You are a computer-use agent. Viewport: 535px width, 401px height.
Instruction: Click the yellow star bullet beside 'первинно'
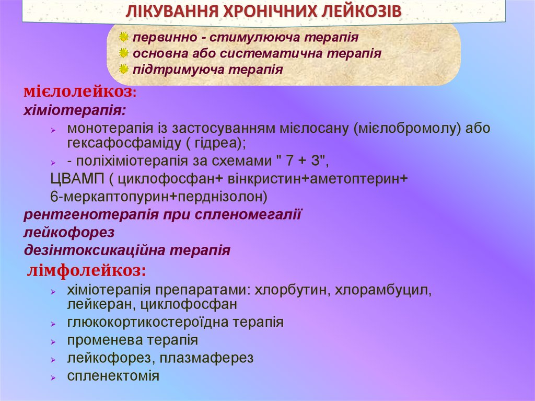pyautogui.click(x=123, y=38)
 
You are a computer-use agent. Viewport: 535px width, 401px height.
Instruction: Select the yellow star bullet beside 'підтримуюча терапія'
pyautogui.click(x=123, y=69)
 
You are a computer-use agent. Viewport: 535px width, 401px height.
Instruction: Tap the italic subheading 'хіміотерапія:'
pyautogui.click(x=75, y=111)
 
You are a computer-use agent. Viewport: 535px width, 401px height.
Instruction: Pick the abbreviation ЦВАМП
pyautogui.click(x=77, y=179)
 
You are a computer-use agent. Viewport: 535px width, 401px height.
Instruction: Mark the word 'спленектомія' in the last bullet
pyautogui.click(x=113, y=375)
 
